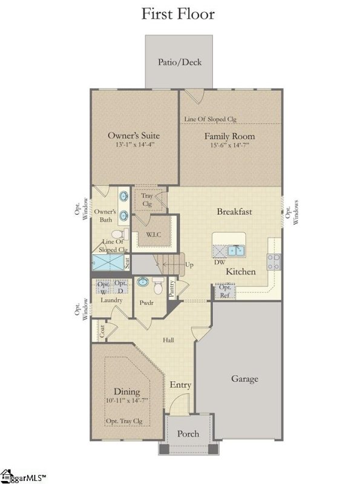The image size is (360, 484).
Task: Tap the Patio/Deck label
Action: pos(180,62)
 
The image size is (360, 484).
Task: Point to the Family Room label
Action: pos(229,136)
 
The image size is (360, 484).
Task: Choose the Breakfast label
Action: pos(234,212)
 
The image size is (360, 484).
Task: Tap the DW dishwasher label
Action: pos(220,262)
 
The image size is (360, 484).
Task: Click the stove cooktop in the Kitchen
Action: pos(273,261)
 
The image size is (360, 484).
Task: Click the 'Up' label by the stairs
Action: pos(189,266)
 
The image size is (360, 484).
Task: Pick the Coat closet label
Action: pos(102,330)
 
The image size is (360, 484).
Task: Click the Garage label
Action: pos(244,379)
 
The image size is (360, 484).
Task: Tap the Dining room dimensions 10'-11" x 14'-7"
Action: pos(128,401)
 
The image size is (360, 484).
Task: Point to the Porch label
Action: pos(188,434)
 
